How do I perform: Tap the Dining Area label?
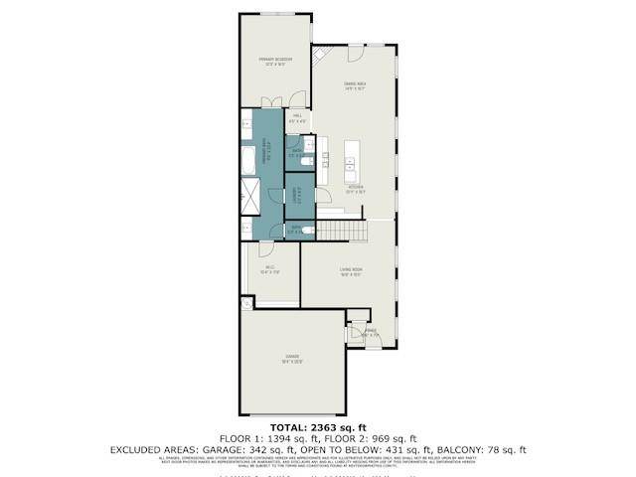(x=356, y=86)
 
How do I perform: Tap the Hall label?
(x=297, y=118)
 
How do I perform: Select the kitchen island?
(x=350, y=162)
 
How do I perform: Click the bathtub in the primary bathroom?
(x=246, y=159)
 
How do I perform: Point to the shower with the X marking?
(x=246, y=198)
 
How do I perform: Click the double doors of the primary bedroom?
(x=270, y=100)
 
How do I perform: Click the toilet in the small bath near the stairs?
(x=310, y=231)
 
